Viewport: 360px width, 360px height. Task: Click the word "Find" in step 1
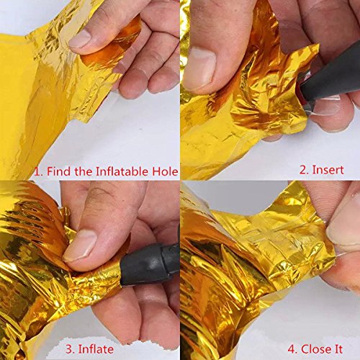point(58,171)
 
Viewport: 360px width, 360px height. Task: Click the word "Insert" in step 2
point(328,170)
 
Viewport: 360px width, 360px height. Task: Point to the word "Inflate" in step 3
point(96,349)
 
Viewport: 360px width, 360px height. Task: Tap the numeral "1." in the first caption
point(39,171)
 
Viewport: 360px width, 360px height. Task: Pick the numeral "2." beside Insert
point(305,170)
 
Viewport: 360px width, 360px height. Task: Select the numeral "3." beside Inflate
point(71,349)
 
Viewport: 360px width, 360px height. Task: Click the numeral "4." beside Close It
point(293,349)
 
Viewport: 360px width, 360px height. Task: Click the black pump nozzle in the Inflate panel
point(150,264)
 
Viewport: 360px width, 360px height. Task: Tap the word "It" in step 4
point(338,349)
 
